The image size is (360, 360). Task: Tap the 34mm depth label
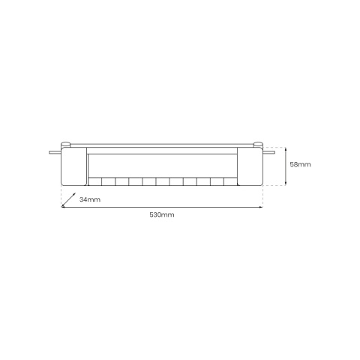click(x=88, y=199)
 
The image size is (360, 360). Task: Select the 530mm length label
click(x=162, y=215)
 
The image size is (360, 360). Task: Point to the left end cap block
click(x=73, y=166)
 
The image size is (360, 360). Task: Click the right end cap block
click(x=250, y=166)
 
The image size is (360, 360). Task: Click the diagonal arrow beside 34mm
click(x=67, y=199)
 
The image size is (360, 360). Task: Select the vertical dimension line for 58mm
click(x=286, y=165)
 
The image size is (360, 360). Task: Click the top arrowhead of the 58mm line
click(x=286, y=148)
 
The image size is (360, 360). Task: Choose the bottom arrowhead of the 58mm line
click(x=286, y=184)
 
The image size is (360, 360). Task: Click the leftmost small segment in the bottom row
click(x=95, y=181)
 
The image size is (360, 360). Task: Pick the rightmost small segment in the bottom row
click(x=229, y=181)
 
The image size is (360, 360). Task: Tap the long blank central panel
click(x=162, y=164)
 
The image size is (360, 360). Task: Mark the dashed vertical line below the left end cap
click(x=61, y=196)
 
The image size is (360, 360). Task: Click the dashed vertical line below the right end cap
click(x=263, y=196)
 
